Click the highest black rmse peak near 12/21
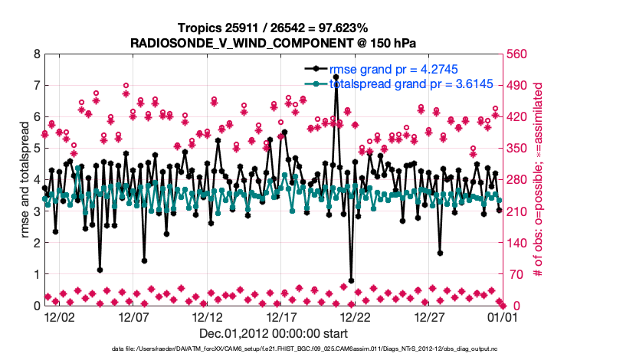[x=336, y=77]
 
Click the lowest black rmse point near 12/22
[x=351, y=281]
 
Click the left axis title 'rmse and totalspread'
[x=25, y=180]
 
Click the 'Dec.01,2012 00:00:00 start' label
[x=273, y=333]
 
